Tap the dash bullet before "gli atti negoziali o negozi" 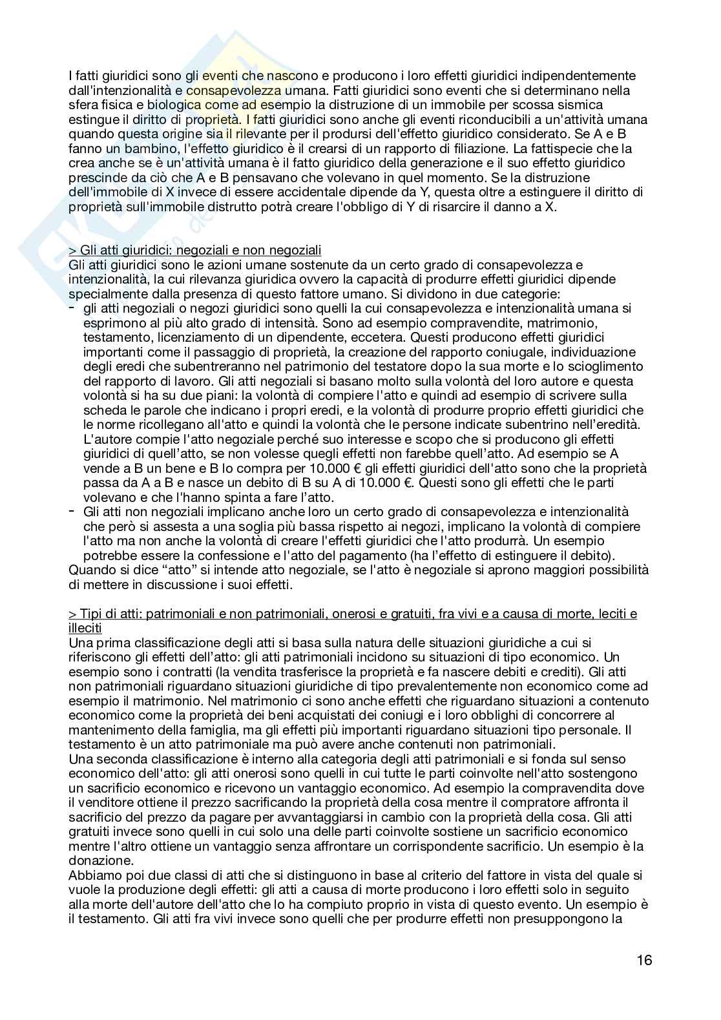[72, 309]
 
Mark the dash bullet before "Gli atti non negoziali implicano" [72, 511]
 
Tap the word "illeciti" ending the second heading [85, 628]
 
